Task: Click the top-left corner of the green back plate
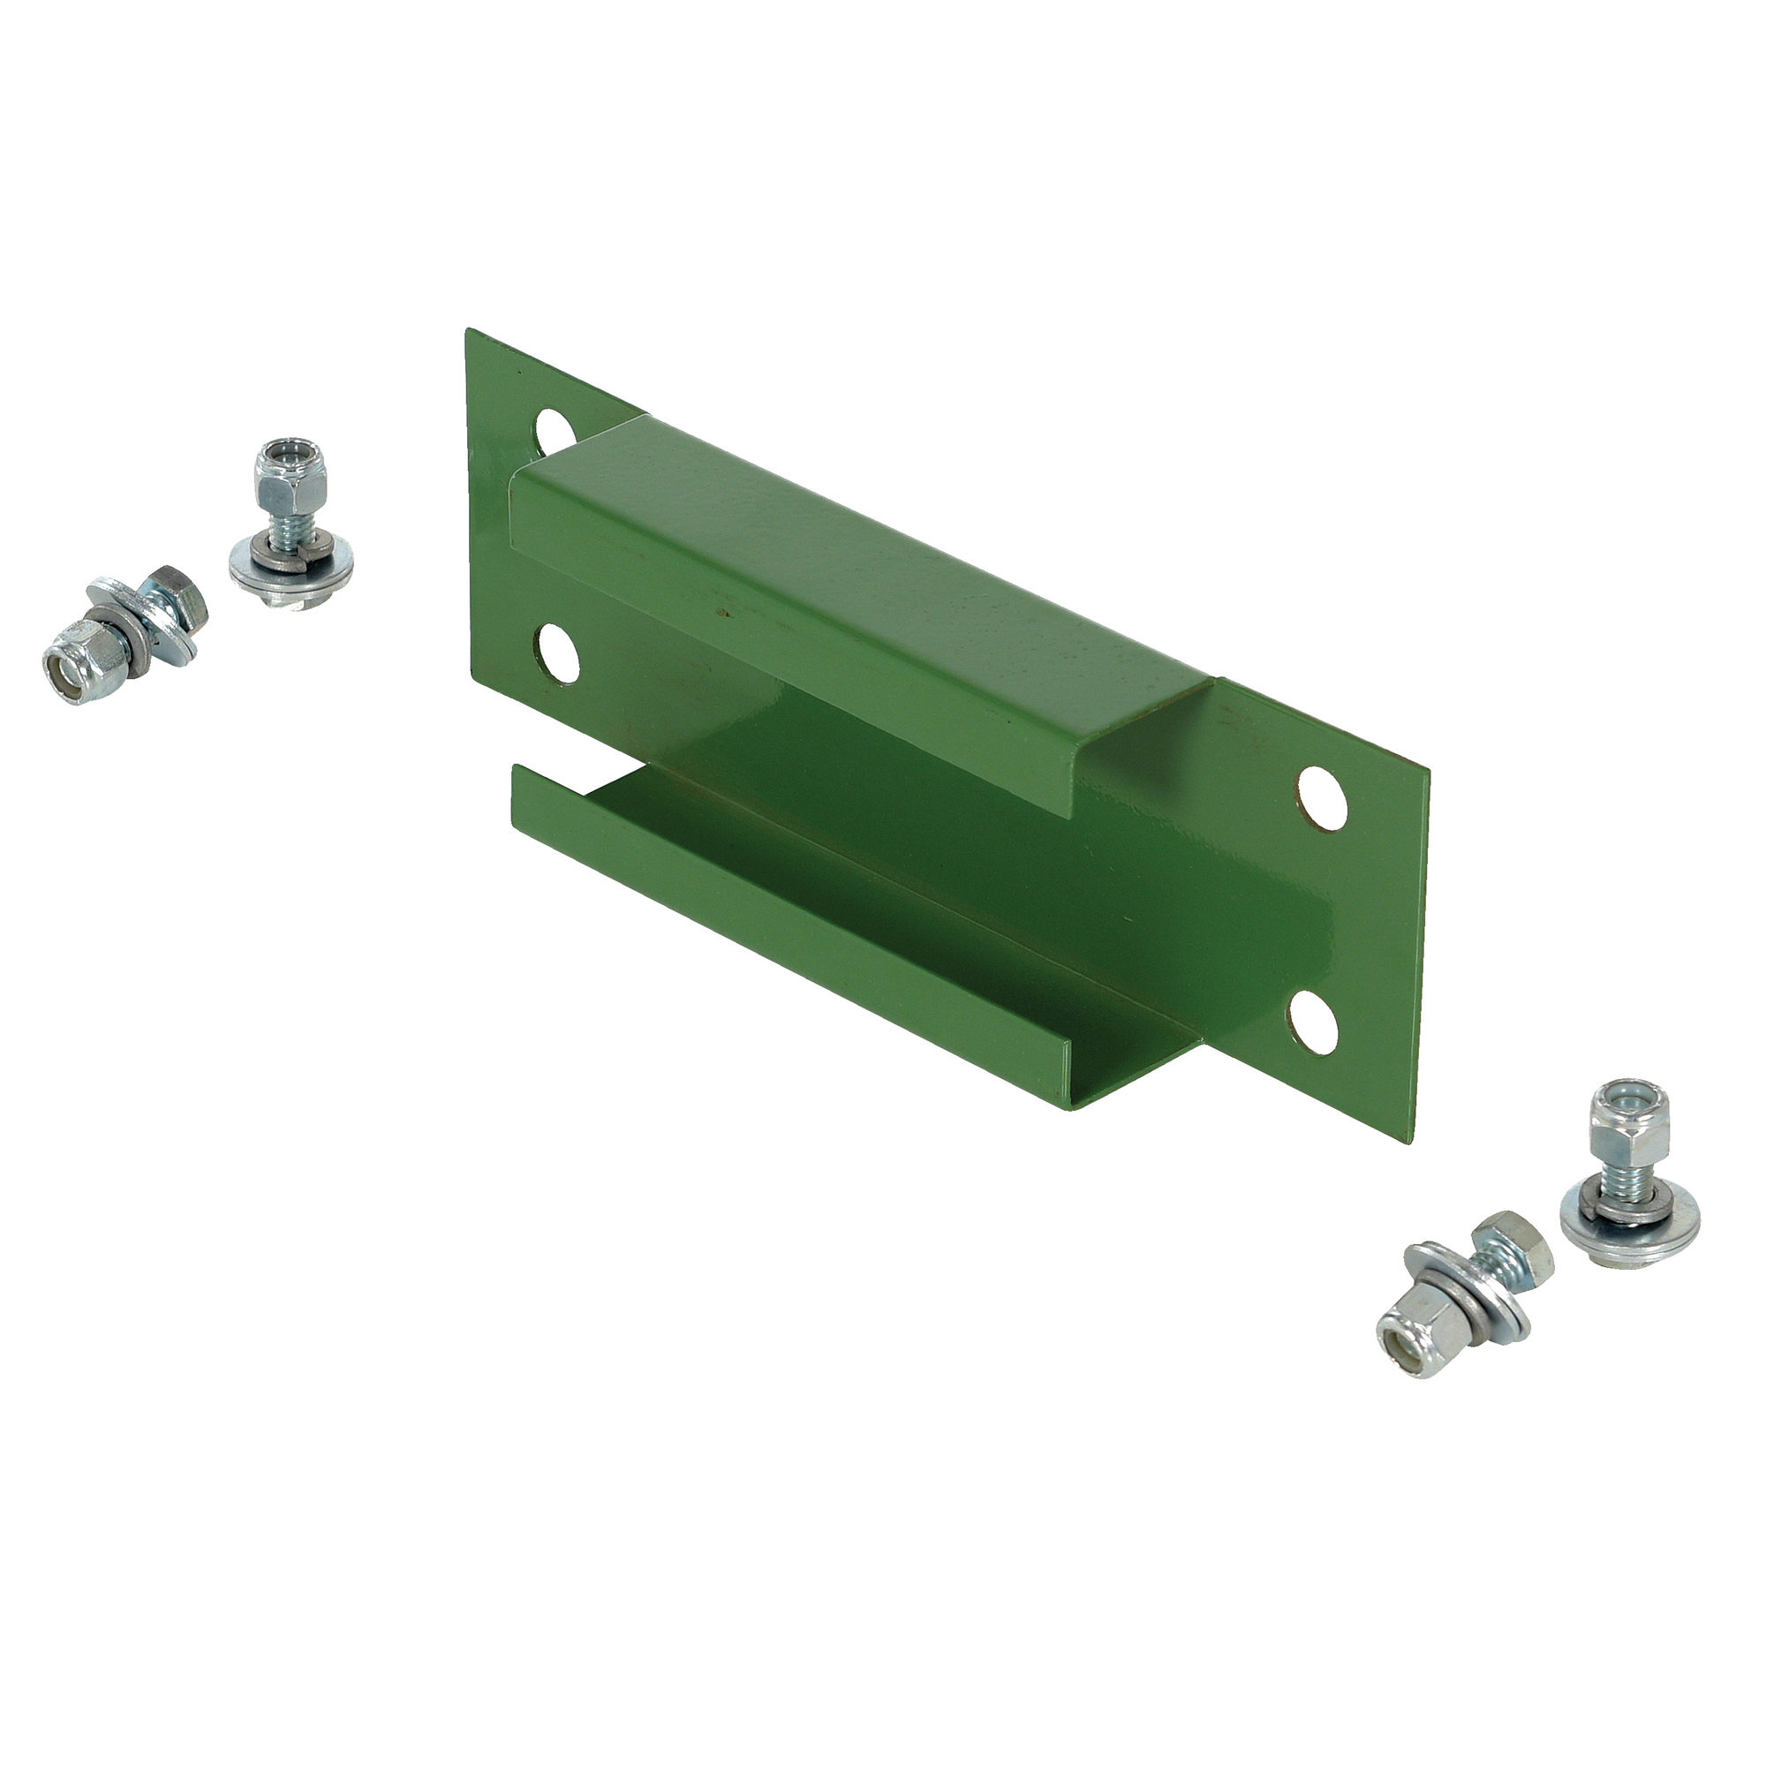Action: (469, 331)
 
